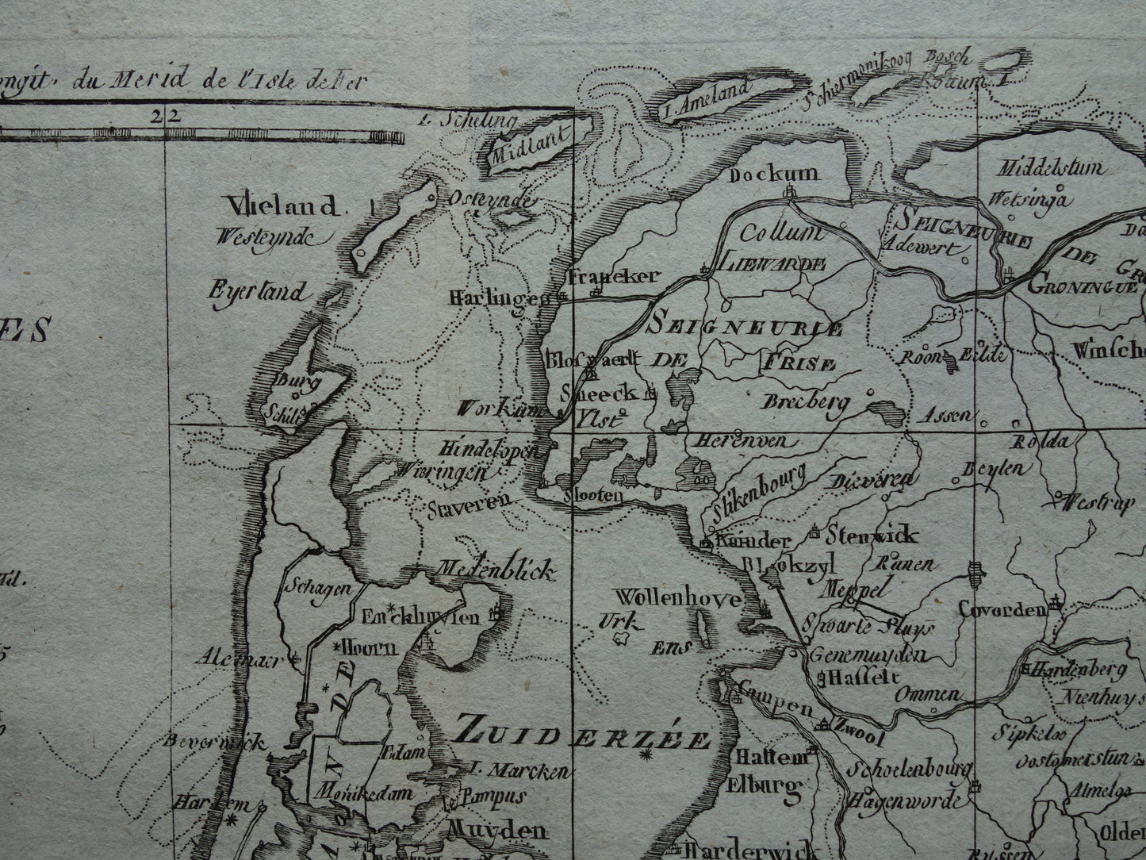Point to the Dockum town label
point(775,174)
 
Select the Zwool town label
point(858,737)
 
